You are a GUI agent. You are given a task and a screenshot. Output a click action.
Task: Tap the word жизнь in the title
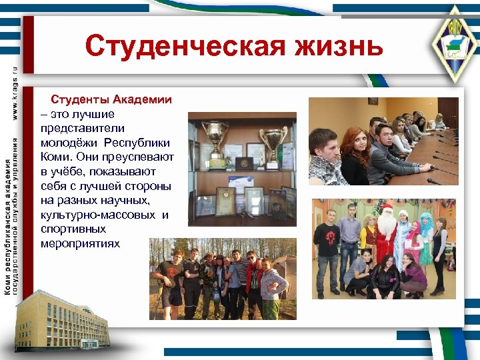pyautogui.click(x=342, y=47)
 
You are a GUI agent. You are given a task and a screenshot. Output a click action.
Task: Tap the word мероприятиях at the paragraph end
pyautogui.click(x=80, y=243)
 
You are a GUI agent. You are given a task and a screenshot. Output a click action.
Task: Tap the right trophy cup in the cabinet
pyautogui.click(x=272, y=144)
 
